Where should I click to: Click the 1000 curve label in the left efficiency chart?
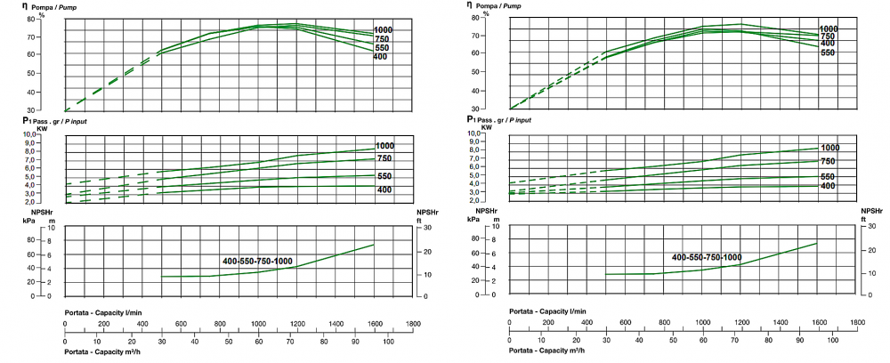click(384, 29)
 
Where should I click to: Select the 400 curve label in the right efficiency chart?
click(827, 44)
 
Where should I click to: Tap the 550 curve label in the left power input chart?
click(384, 175)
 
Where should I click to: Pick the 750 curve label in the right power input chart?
click(827, 161)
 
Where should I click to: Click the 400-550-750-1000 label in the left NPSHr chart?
click(258, 261)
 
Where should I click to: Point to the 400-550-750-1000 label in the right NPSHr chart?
click(707, 257)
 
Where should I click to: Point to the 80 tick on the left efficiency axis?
click(55, 19)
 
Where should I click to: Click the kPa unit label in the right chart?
click(473, 219)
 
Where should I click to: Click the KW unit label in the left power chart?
click(42, 129)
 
